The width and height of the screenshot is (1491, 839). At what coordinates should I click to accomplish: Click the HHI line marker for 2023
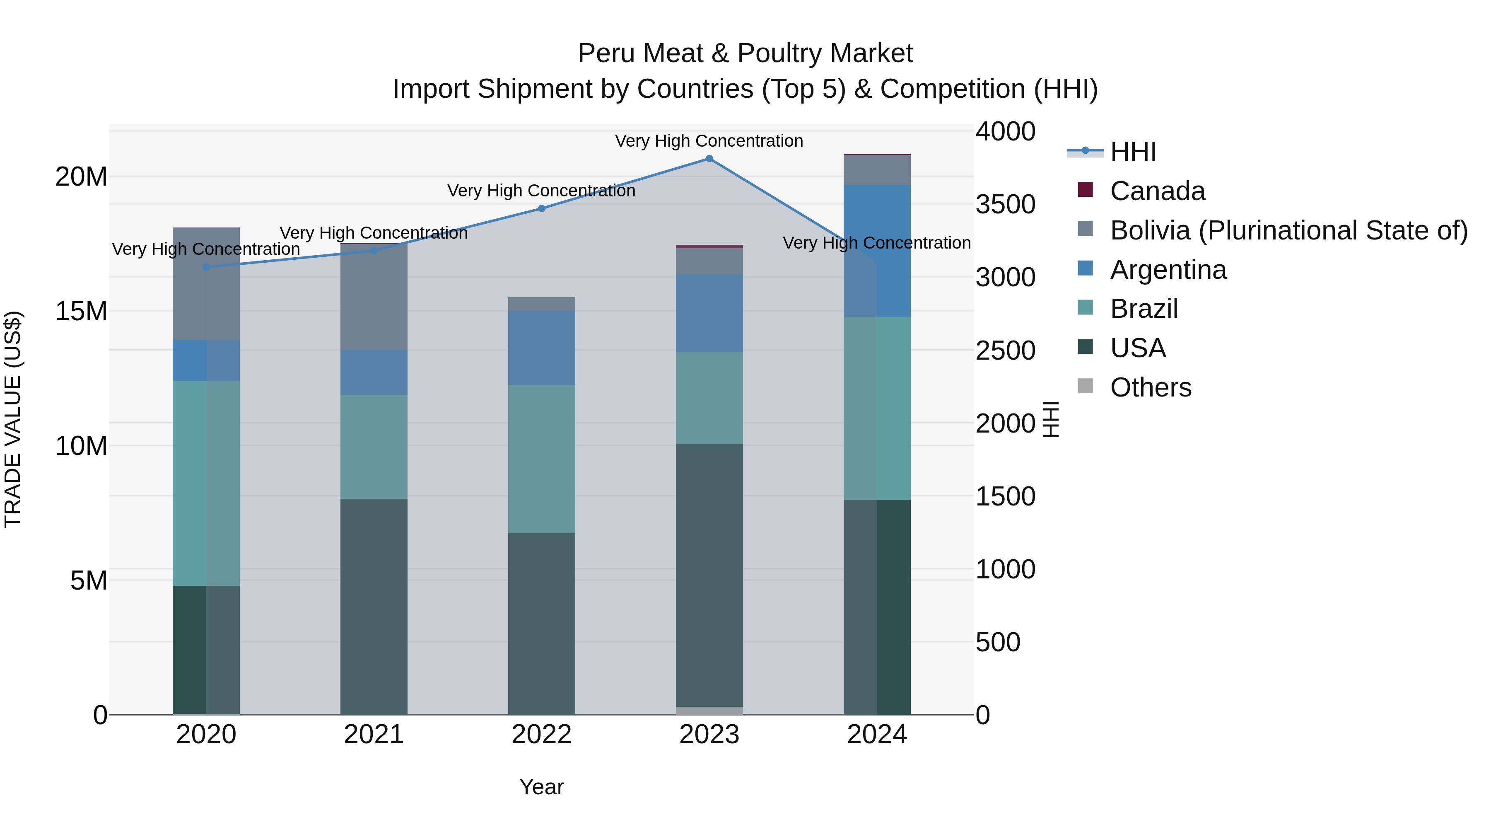709,159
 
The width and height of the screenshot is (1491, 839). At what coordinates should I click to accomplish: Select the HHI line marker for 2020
206,267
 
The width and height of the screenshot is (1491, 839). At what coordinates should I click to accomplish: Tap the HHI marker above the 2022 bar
542,208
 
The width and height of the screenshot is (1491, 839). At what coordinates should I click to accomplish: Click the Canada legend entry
1157,191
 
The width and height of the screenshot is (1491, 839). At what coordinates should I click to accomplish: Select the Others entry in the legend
1150,387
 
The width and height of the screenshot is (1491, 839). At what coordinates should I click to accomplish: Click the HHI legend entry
1133,152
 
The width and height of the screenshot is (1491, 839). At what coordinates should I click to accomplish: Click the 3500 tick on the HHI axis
1005,204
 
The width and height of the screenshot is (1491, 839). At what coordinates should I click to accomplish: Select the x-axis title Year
541,787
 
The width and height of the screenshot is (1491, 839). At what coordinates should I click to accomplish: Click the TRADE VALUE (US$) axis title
13,419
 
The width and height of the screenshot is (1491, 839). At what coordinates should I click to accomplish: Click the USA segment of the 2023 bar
709,573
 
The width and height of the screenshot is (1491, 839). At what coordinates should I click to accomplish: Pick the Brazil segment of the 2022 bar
542,459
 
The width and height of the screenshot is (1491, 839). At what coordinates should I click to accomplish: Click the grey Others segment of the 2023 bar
709,711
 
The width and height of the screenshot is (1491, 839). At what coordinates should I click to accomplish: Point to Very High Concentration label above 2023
709,141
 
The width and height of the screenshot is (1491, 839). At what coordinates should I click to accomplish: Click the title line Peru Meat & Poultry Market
745,53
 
